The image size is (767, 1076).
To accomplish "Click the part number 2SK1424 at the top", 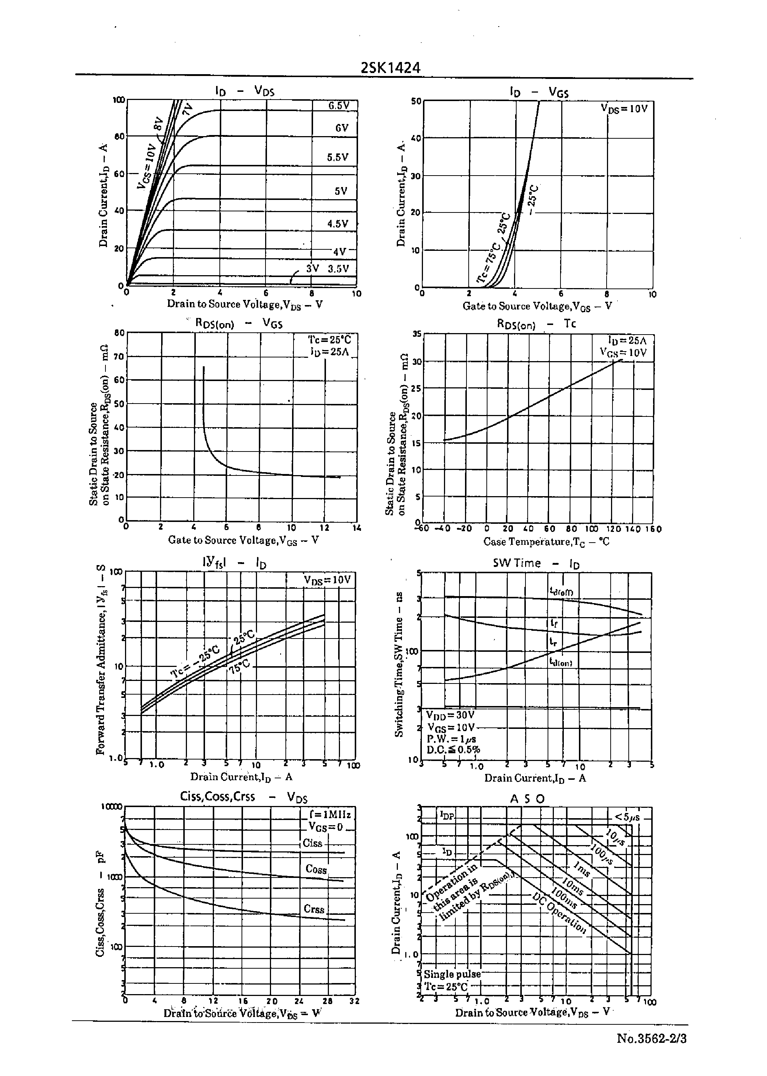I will pyautogui.click(x=390, y=68).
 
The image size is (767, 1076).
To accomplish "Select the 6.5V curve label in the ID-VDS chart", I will pyautogui.click(x=339, y=106).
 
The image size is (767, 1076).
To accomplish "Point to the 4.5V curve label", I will pyautogui.click(x=338, y=224).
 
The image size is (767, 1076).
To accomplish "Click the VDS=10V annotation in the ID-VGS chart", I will pyautogui.click(x=624, y=109).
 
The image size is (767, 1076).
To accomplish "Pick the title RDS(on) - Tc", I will pyautogui.click(x=536, y=324).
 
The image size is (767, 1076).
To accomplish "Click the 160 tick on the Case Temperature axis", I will pyautogui.click(x=653, y=529).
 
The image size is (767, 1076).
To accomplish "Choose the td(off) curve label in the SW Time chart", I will pyautogui.click(x=561, y=591).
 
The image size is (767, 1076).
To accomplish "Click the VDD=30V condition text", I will pyautogui.click(x=450, y=715).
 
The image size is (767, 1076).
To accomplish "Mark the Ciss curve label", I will pyautogui.click(x=313, y=843).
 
